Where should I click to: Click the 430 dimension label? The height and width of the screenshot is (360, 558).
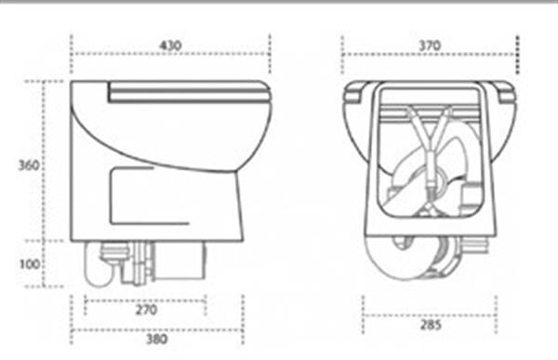170,46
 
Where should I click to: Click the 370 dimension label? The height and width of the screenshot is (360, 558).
429,46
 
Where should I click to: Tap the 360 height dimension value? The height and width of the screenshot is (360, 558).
29,166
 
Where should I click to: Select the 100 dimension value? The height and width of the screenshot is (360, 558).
30,264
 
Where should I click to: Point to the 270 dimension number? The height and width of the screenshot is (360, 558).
146,310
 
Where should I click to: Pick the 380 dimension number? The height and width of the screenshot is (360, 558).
157,339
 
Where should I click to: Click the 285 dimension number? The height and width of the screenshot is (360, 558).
431,325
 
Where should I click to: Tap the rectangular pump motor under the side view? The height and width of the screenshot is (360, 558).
179,260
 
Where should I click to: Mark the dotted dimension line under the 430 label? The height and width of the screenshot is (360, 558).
170,54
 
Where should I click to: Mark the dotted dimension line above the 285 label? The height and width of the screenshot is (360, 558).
429,315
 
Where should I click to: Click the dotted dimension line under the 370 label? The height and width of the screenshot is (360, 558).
430,55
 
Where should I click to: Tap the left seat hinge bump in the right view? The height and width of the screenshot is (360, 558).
353,92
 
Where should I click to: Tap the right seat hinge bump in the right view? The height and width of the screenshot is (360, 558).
505,92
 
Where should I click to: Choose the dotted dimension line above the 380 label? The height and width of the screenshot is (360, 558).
157,330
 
